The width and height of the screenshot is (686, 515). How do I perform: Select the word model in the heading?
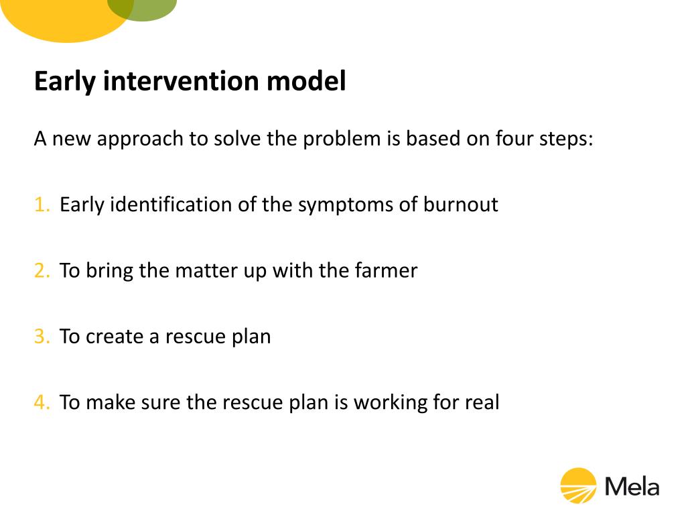pyautogui.click(x=306, y=81)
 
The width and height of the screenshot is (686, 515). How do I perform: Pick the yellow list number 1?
pyautogui.click(x=42, y=205)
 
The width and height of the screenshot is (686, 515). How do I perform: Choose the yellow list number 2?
pyautogui.click(x=42, y=270)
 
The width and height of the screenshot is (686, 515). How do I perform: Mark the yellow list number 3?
pyautogui.click(x=42, y=336)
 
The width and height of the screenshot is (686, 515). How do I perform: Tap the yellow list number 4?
pyautogui.click(x=42, y=402)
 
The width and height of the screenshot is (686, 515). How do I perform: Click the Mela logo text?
pyautogui.click(x=632, y=485)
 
